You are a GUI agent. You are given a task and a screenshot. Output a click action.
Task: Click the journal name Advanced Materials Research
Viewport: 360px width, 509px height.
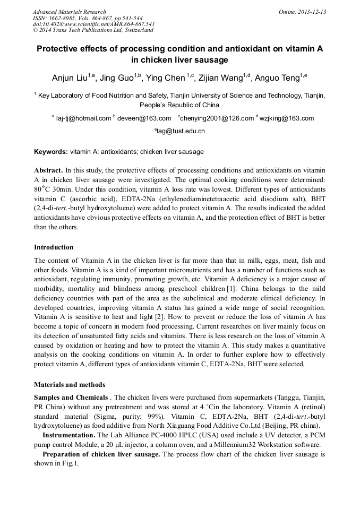69,12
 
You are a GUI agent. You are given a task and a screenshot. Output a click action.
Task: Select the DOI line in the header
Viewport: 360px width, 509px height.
93,24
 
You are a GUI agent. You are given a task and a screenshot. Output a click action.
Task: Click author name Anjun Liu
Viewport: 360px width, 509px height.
70,79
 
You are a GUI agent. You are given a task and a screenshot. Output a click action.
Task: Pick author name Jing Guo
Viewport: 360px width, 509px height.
118,79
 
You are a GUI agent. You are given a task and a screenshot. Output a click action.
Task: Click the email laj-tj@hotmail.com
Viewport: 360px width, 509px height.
83,118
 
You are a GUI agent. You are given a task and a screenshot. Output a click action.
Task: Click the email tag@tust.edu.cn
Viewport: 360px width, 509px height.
181,131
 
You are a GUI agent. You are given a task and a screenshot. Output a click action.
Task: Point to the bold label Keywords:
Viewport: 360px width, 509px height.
51,152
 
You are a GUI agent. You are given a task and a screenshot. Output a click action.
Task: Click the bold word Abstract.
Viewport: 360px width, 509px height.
48,170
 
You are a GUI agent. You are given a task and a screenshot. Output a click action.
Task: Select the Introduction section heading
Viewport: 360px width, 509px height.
54,247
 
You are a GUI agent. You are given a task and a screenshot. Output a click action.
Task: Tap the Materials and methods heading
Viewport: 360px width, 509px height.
70,385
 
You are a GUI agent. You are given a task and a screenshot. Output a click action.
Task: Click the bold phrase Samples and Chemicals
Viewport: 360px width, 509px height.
71,398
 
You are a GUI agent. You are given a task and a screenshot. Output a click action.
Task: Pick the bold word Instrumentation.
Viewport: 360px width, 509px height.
68,436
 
